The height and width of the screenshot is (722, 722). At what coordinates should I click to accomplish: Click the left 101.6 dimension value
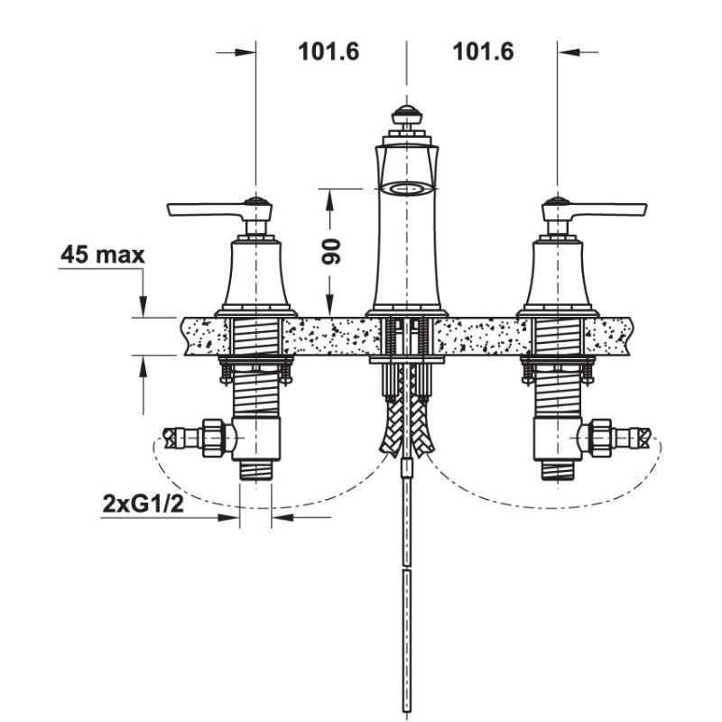click(329, 51)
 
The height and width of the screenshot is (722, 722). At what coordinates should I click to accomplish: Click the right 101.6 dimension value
click(483, 51)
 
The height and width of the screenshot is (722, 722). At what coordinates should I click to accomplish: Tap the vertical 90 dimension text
click(330, 250)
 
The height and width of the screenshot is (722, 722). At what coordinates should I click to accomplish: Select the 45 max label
click(102, 255)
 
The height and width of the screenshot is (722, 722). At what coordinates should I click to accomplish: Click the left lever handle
click(203, 210)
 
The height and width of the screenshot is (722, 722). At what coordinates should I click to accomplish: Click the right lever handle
click(609, 210)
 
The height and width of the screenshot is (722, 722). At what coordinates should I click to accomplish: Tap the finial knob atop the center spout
click(406, 116)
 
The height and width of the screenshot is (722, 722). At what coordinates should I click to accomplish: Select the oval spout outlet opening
click(406, 189)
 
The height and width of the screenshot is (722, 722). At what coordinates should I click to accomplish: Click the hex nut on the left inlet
click(215, 439)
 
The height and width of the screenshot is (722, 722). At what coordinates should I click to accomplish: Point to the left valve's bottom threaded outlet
click(255, 470)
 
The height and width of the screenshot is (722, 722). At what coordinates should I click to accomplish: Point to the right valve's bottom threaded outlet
click(556, 470)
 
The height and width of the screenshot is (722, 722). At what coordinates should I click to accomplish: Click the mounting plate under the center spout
click(406, 361)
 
